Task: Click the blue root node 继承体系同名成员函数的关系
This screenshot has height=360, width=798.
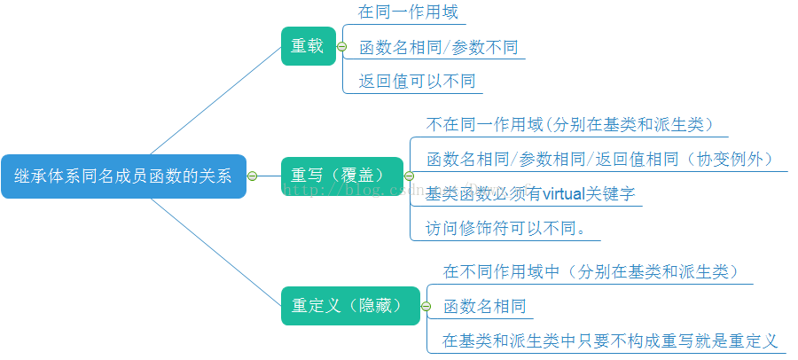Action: [123, 176]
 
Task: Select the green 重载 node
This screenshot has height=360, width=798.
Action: [308, 46]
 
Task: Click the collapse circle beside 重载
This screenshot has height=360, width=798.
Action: [341, 46]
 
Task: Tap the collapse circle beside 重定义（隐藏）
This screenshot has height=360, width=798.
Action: [426, 306]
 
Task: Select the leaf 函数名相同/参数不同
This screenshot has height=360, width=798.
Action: [438, 48]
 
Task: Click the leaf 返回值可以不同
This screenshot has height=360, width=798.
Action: [418, 82]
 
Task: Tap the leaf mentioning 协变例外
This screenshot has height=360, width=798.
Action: [606, 160]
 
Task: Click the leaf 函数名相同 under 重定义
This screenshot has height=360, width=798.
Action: [485, 307]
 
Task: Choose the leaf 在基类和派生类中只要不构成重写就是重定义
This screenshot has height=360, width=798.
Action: [610, 340]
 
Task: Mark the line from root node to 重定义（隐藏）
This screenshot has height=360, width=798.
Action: [215, 251]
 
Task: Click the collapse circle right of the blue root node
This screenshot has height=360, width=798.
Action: [252, 176]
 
